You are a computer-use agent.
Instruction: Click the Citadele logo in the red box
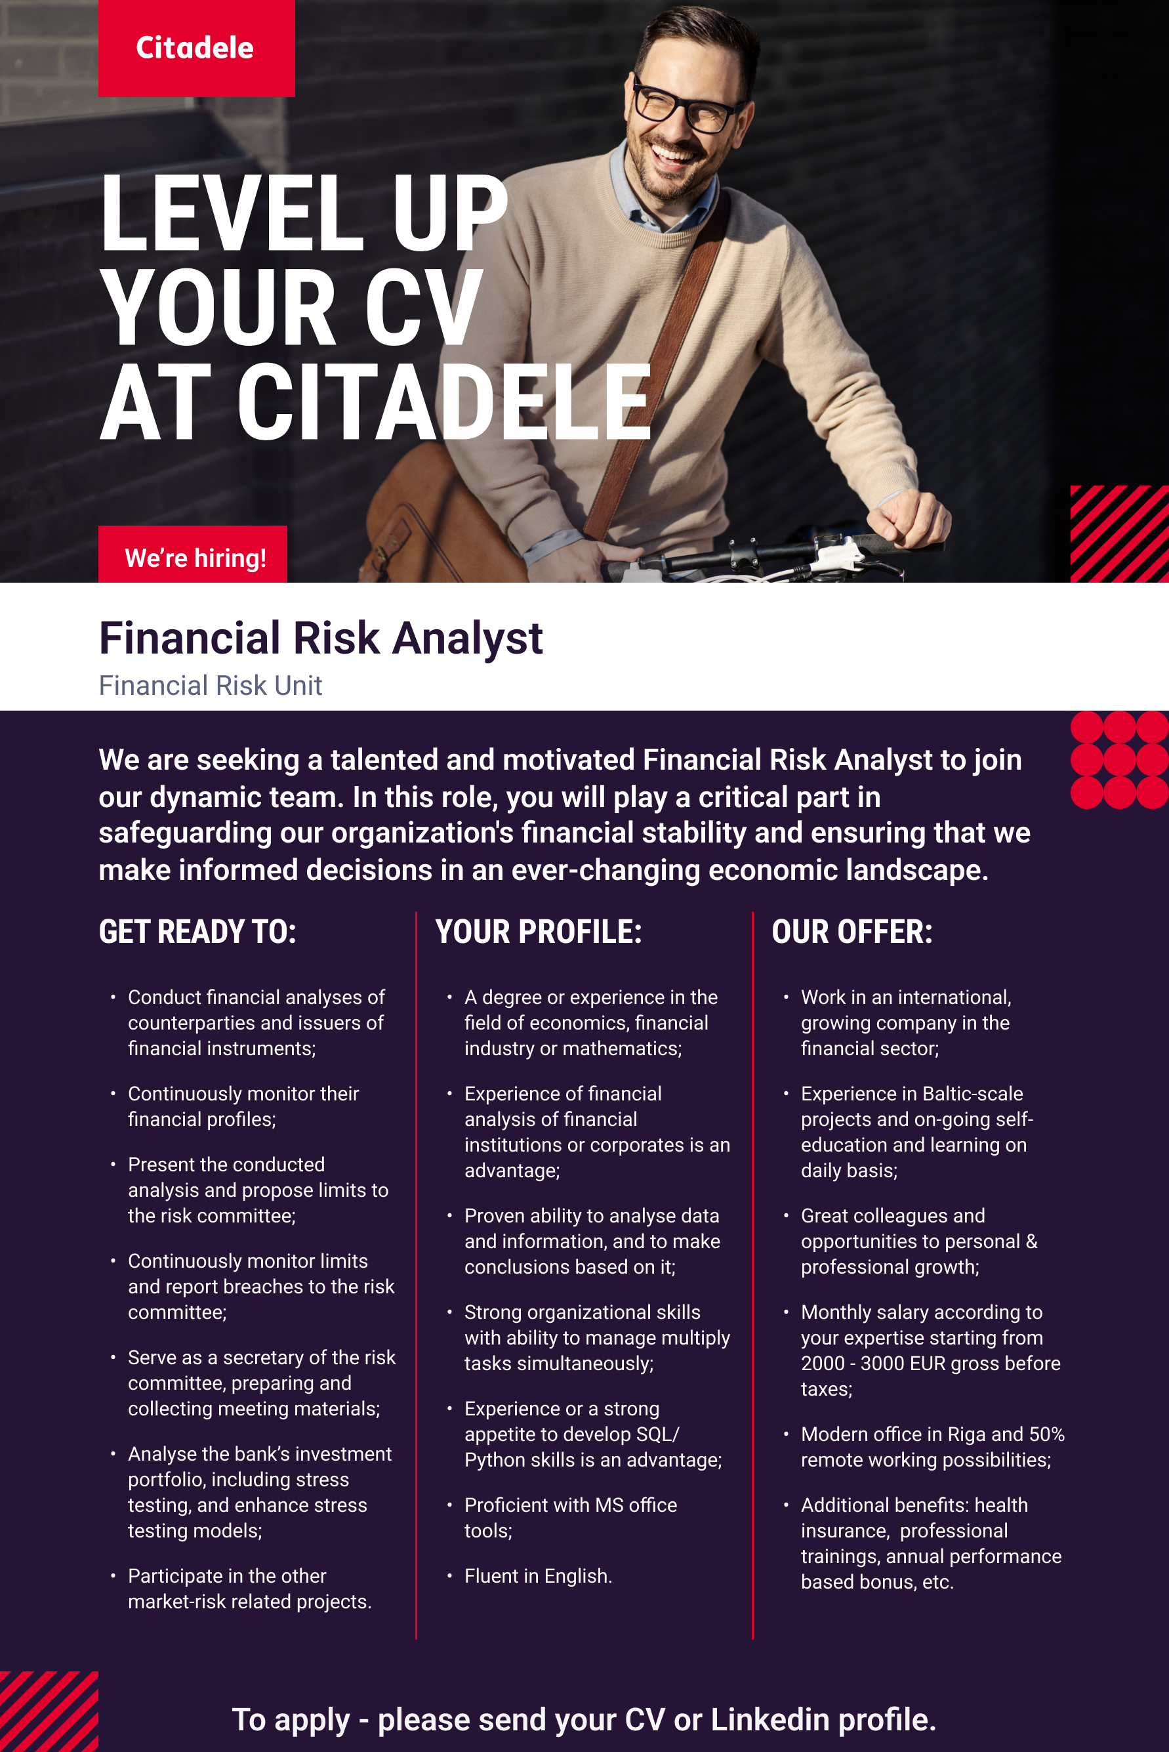196,48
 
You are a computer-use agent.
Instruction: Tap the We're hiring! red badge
192,554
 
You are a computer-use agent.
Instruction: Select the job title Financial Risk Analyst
321,638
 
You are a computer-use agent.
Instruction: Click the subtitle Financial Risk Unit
210,685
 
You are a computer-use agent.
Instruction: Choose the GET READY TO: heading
197,932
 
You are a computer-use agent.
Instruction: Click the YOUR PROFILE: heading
539,932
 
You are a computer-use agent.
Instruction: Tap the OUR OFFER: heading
852,932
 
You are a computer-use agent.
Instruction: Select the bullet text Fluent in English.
539,1575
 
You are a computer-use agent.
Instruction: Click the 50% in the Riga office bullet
1047,1434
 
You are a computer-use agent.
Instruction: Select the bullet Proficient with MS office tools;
570,1517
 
